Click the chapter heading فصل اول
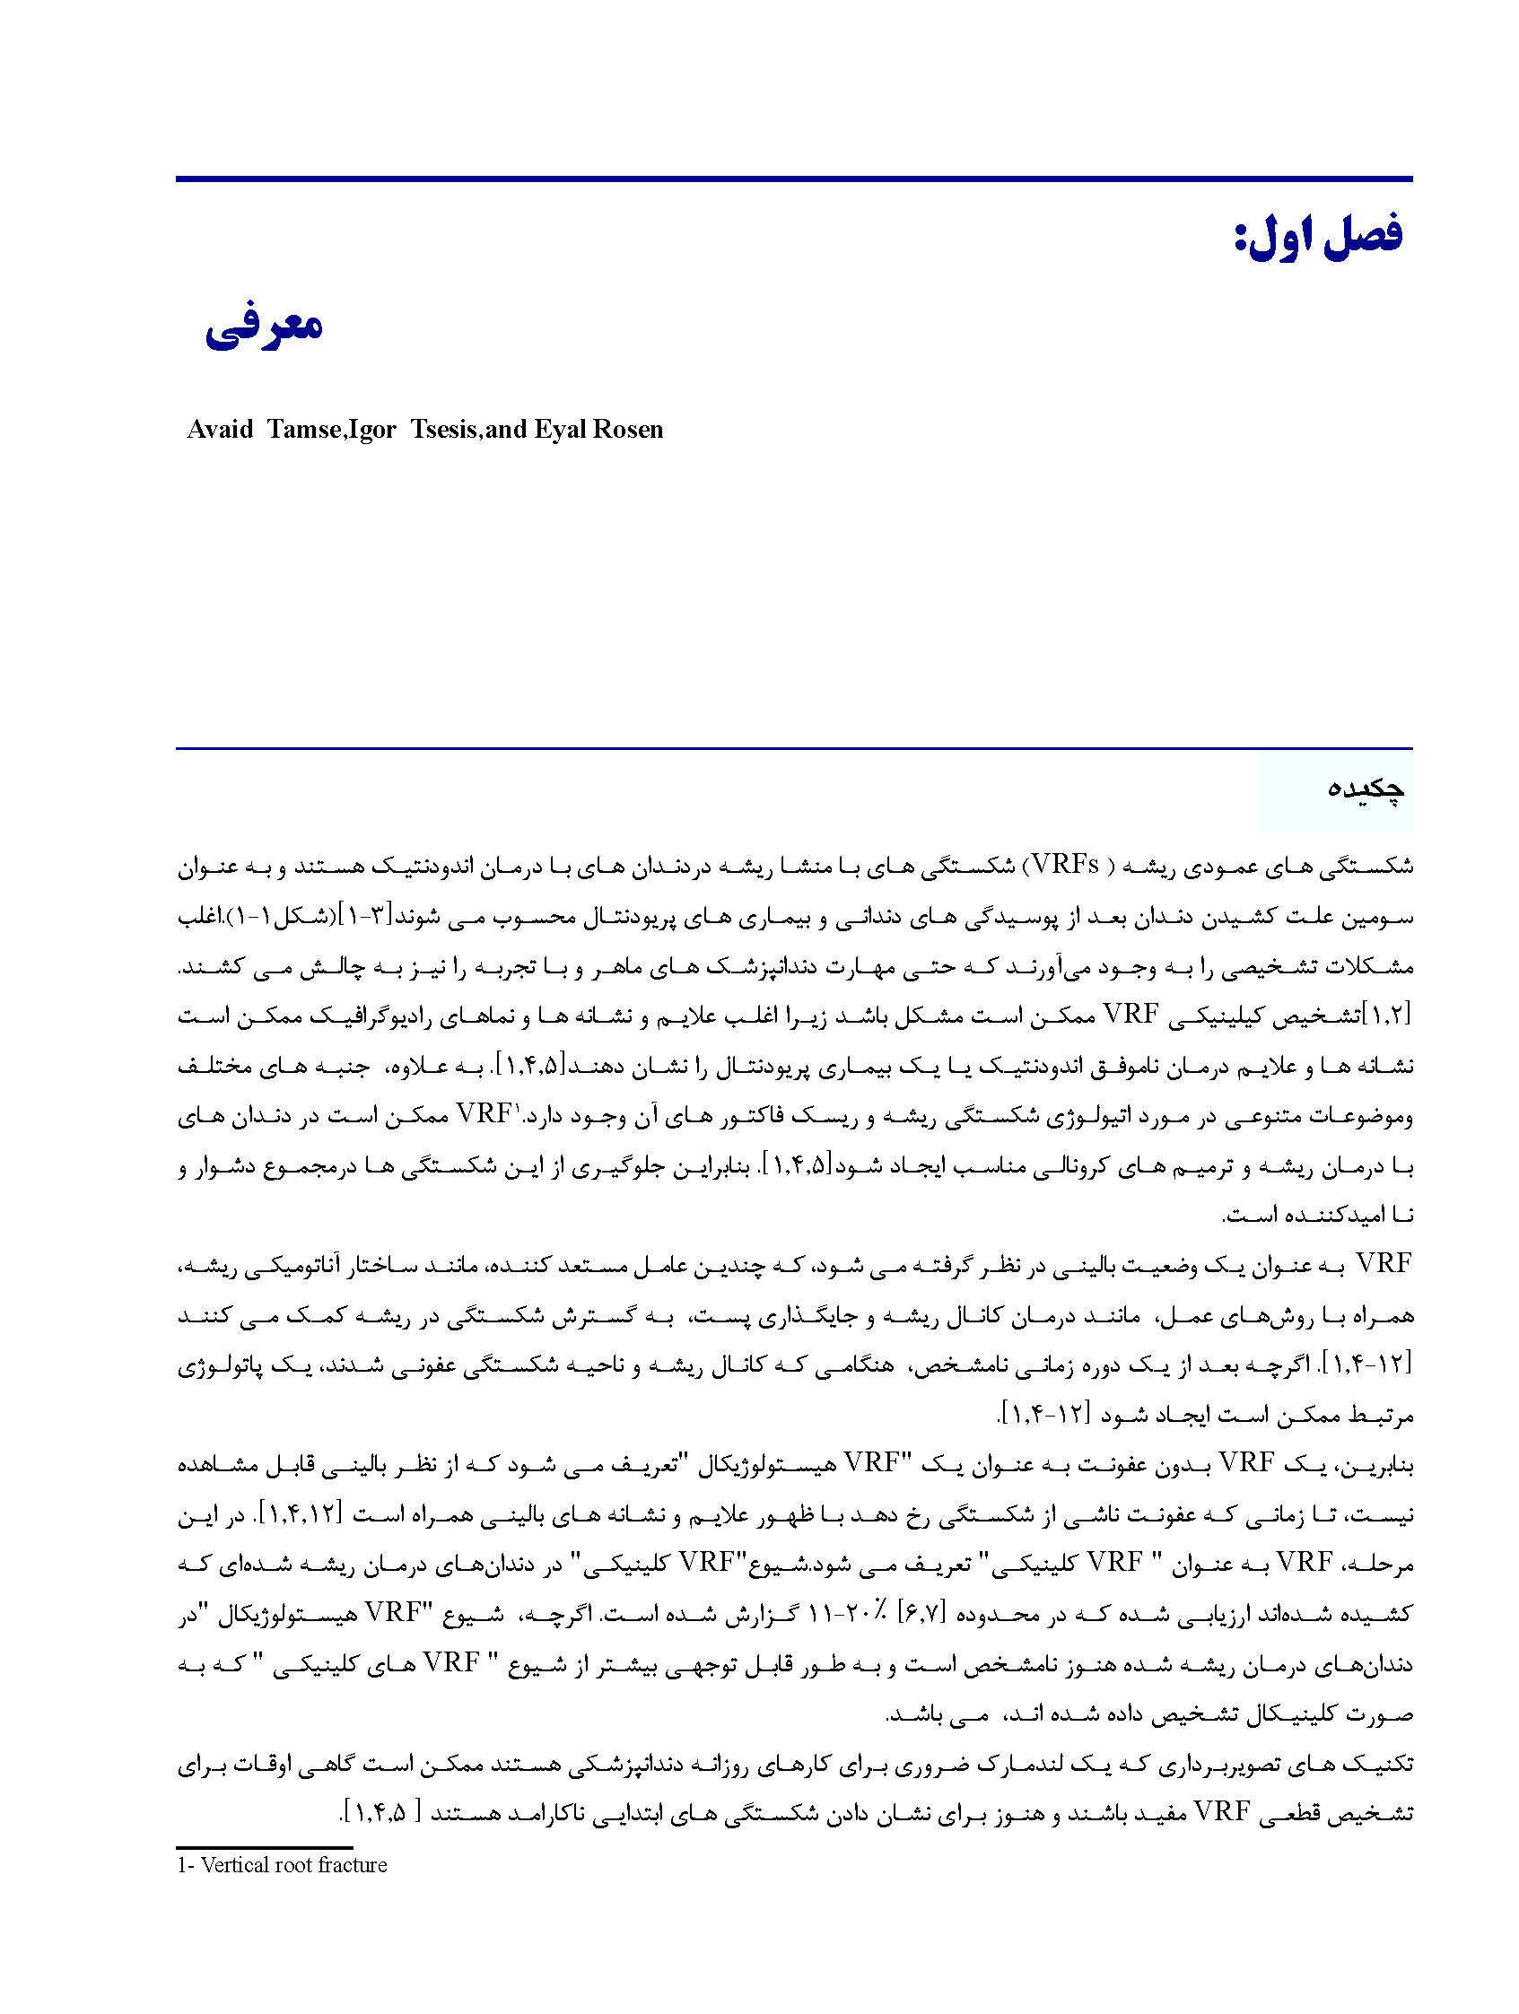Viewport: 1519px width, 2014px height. (1317, 237)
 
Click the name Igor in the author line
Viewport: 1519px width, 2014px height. (371, 430)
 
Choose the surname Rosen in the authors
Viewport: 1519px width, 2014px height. (627, 430)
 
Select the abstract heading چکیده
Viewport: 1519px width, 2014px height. (1364, 789)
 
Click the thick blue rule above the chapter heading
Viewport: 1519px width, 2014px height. (793, 179)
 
